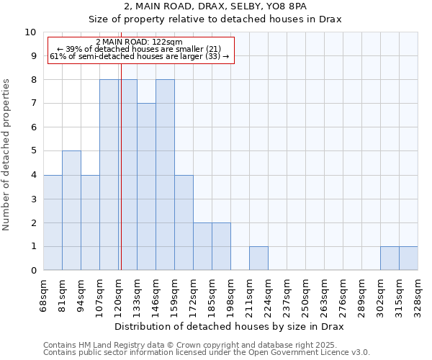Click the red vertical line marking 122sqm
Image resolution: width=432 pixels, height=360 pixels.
(121, 180)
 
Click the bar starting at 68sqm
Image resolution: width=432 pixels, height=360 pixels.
(53, 222)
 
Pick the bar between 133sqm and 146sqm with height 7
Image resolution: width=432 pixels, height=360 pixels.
(146, 186)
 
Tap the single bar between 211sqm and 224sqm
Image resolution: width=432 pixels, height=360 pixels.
(258, 258)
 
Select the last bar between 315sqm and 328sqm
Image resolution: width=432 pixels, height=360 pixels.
(408, 258)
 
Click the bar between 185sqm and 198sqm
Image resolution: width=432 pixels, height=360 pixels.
(221, 246)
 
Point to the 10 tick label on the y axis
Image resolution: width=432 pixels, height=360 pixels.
(31, 32)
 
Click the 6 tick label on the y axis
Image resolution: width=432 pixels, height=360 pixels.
(33, 127)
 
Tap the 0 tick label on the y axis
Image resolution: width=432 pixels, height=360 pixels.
(33, 271)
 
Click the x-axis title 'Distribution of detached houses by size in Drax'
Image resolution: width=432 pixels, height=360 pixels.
(230, 327)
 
